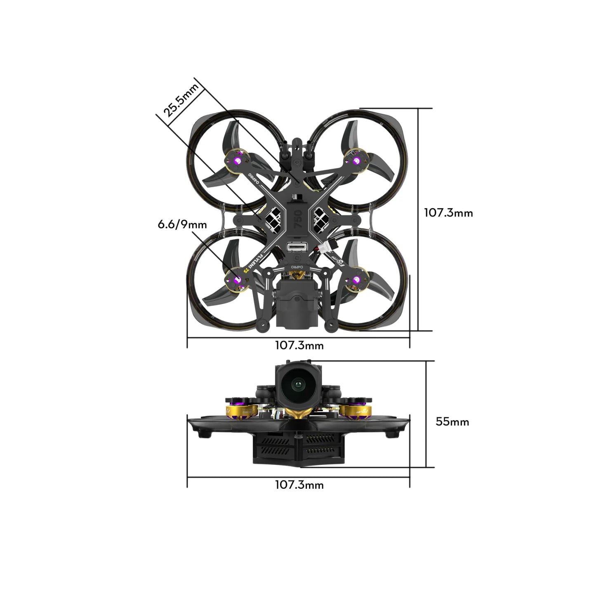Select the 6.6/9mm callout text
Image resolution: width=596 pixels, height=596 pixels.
coord(182,225)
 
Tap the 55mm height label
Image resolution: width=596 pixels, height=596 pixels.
coord(452,422)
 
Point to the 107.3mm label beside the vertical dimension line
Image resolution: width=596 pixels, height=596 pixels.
coord(448,213)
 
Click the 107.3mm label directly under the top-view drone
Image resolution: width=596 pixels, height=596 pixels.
coord(299,345)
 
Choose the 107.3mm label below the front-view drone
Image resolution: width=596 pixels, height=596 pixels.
coord(299,485)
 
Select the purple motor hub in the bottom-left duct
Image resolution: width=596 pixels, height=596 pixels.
coord(237,280)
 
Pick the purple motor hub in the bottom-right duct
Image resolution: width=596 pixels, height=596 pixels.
coord(356,280)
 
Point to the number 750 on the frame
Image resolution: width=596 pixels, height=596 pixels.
coord(299,215)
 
